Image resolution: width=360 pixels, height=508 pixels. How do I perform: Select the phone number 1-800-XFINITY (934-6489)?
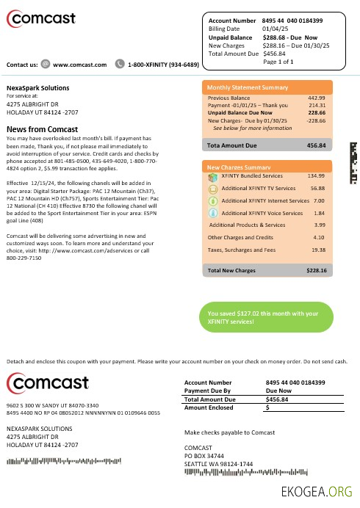click(162, 65)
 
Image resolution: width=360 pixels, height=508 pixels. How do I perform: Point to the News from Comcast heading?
click(42, 129)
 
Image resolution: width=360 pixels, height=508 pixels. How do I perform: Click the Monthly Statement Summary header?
click(247, 87)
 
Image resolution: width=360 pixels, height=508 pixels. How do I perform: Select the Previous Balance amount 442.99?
click(317, 98)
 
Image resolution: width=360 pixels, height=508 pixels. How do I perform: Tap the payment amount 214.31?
click(317, 105)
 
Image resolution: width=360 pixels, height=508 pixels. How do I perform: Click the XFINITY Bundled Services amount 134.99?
click(316, 176)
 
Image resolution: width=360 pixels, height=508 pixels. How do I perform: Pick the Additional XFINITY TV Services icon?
click(212, 189)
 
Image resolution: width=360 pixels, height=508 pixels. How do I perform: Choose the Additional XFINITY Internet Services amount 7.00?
click(319, 200)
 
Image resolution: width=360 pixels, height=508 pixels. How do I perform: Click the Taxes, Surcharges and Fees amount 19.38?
click(317, 250)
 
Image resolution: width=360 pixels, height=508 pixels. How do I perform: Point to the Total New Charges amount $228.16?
click(317, 271)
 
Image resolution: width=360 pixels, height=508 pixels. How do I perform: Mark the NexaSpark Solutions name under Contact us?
click(37, 88)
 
